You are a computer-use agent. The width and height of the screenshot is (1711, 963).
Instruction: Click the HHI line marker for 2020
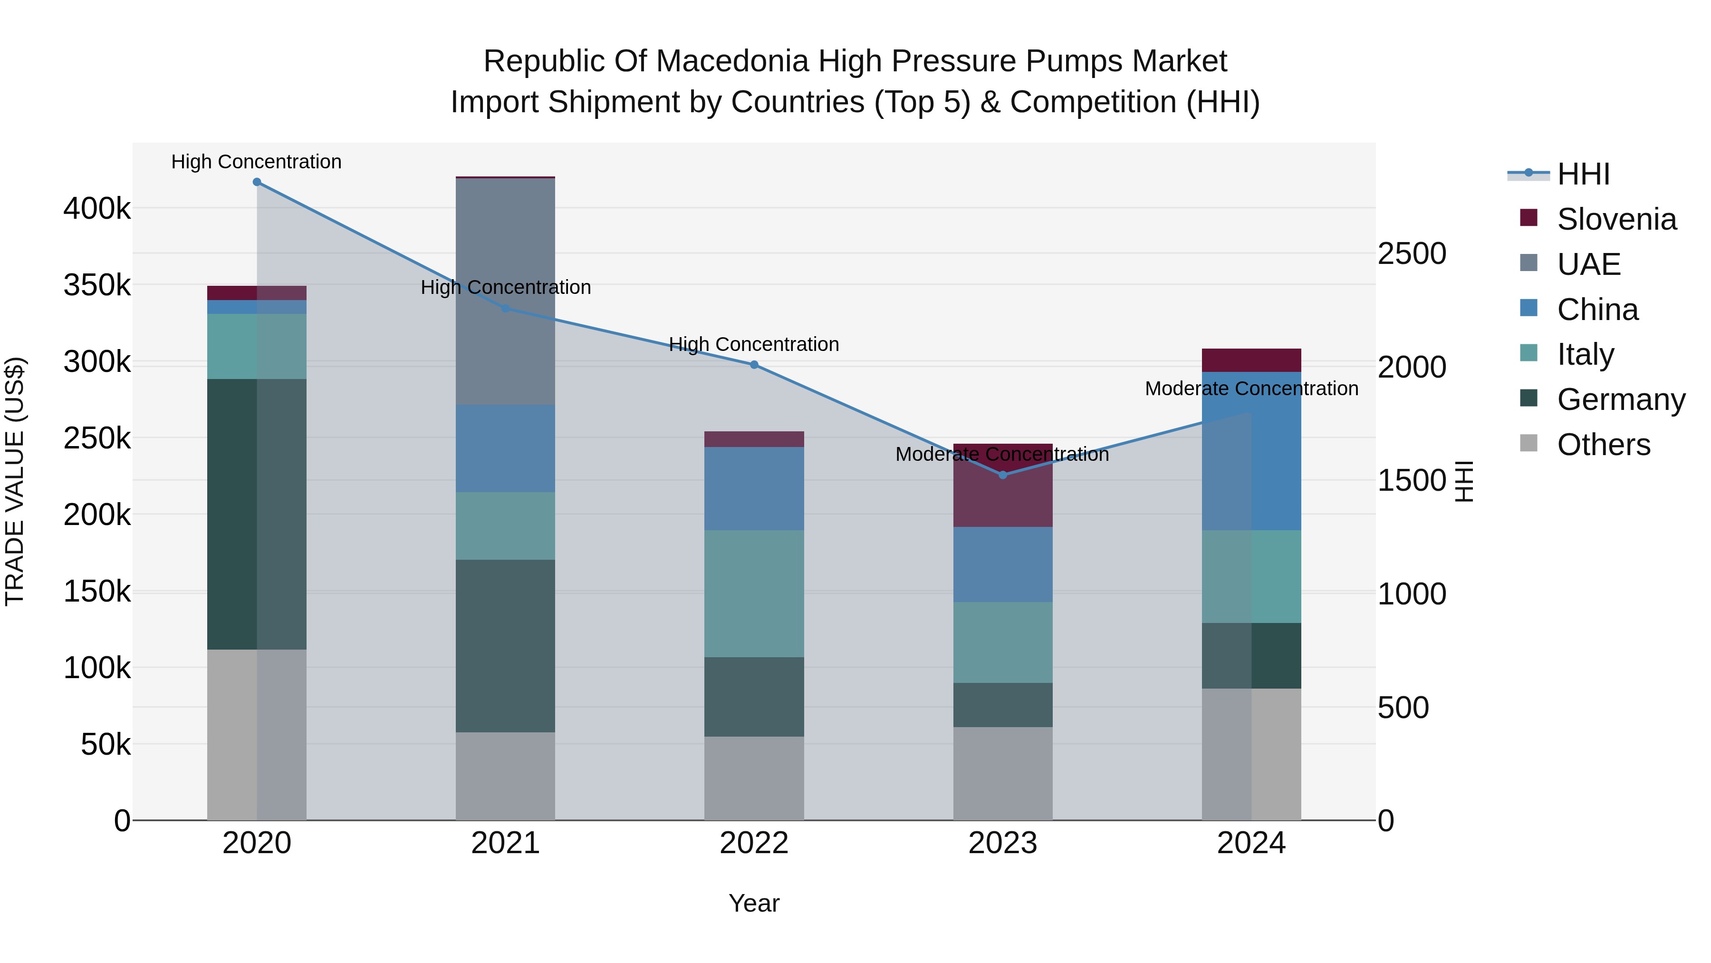click(x=257, y=182)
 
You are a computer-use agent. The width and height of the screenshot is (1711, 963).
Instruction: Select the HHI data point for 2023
click(x=1003, y=475)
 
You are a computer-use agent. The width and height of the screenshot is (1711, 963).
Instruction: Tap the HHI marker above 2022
click(x=754, y=365)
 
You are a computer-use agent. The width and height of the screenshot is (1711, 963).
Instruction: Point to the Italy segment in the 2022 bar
click(x=754, y=593)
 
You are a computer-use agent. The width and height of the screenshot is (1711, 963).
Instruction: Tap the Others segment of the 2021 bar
click(x=506, y=776)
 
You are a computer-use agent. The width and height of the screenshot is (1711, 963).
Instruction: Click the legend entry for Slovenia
click(x=1615, y=219)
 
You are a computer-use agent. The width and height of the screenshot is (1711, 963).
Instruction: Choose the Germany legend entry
click(x=1620, y=399)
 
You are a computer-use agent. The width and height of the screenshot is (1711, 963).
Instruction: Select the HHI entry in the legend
click(x=1583, y=174)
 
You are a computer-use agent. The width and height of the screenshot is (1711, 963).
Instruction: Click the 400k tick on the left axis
click(x=97, y=209)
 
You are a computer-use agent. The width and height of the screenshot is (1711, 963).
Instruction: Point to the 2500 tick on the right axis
click(x=1412, y=254)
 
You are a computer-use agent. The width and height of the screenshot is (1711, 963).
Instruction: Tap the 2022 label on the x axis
click(x=754, y=843)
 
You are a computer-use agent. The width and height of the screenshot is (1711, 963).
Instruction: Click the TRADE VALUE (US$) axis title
click(x=15, y=481)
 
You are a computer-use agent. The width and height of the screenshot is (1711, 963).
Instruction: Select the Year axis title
click(x=754, y=903)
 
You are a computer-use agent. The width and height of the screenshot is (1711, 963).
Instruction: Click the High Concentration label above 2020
click(x=256, y=162)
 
